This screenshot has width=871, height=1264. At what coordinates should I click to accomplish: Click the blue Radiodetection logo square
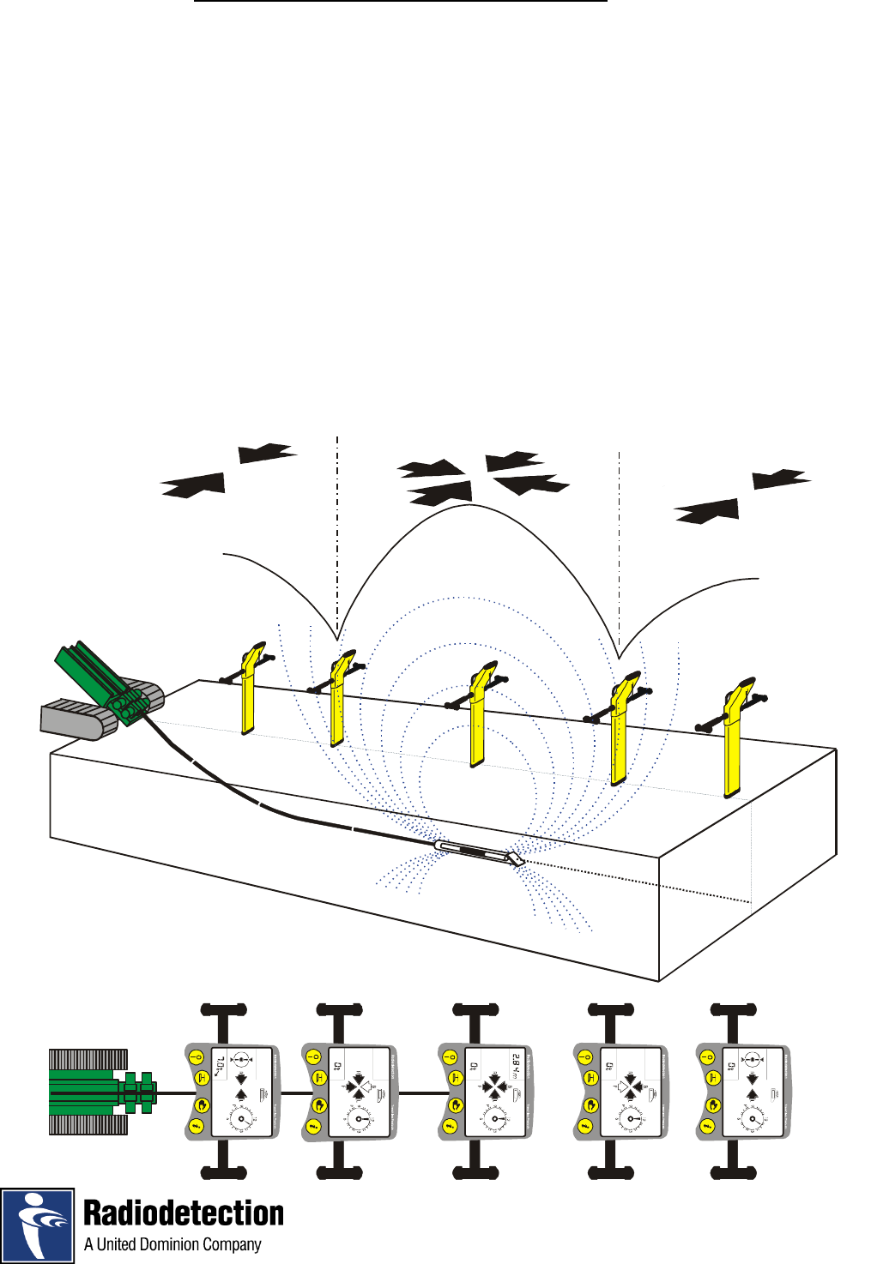pyautogui.click(x=38, y=1225)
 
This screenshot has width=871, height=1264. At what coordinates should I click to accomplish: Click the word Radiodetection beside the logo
pyautogui.click(x=184, y=1213)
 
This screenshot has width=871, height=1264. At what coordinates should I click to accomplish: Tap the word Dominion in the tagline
pyautogui.click(x=172, y=1245)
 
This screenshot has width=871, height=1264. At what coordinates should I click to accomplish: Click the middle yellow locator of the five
pyautogui.click(x=478, y=716)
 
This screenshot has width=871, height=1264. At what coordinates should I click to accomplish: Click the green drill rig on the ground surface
pyautogui.click(x=103, y=677)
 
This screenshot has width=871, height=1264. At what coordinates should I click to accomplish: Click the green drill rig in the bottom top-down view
pyautogui.click(x=103, y=1092)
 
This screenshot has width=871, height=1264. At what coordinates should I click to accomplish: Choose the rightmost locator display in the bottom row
pyautogui.click(x=744, y=1092)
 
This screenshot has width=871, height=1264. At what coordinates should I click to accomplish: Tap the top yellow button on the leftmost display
pyautogui.click(x=196, y=1057)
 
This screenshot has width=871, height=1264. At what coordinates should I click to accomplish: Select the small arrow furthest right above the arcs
pyautogui.click(x=781, y=479)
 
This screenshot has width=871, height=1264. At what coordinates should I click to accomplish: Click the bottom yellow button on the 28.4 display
pyautogui.click(x=450, y=1127)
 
